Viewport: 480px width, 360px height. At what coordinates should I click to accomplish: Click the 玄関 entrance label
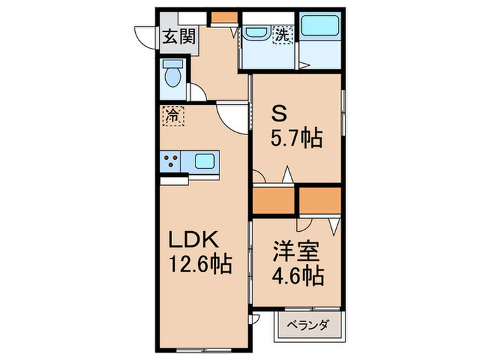coord(178,36)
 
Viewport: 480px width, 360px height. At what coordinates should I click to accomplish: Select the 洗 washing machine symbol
coord(283,32)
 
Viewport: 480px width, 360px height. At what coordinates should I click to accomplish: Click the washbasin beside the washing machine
coord(257,32)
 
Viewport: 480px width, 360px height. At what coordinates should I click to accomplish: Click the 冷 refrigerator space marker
coord(173,115)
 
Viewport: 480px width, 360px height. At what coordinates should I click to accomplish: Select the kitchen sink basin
coord(205,162)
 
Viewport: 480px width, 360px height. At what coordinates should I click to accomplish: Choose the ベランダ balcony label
coord(308,326)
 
